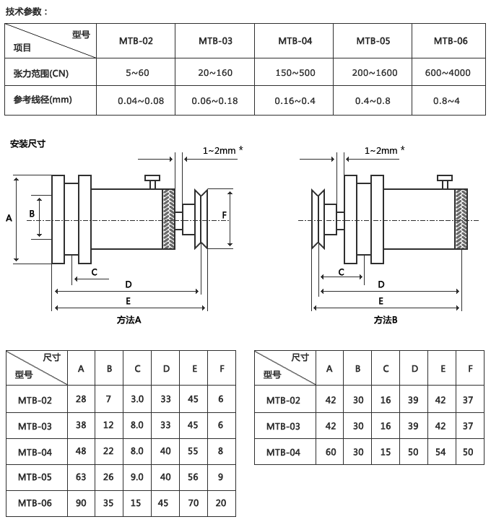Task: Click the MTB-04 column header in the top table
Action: tap(295, 41)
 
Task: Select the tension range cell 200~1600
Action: tap(375, 73)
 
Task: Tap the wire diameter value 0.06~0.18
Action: tap(214, 100)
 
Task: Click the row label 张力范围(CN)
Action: tap(41, 73)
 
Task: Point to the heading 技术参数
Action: tap(24, 12)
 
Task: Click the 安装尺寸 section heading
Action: tap(27, 144)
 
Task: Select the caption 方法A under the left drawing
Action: tap(129, 320)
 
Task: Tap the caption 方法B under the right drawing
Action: tap(386, 320)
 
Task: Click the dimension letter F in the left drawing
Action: tap(224, 215)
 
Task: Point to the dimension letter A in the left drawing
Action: tap(9, 218)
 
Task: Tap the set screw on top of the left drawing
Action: tap(152, 182)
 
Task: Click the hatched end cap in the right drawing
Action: tap(461, 219)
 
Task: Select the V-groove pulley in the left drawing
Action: tap(201, 219)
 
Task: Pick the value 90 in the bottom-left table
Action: tap(81, 503)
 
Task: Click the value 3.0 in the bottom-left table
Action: tap(137, 399)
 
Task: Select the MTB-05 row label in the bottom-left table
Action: tap(35, 477)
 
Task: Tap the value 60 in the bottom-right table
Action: tap(331, 452)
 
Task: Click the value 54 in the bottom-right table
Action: tap(440, 452)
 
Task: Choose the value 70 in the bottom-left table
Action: tap(194, 503)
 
